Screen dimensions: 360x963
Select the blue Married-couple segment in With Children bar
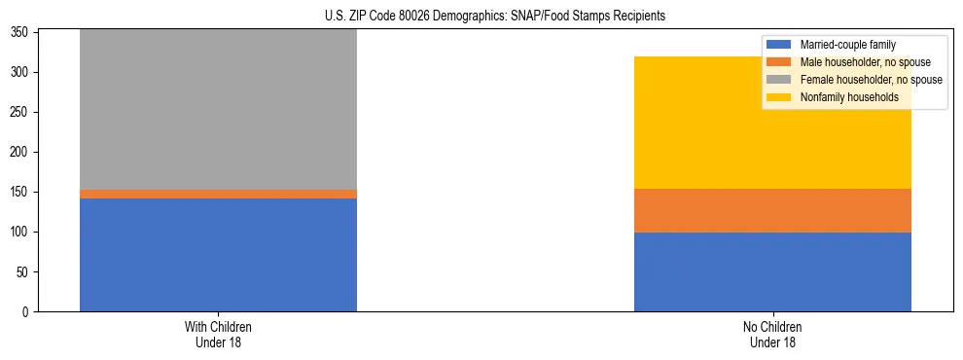point(218,255)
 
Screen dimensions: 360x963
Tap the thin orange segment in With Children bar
point(218,194)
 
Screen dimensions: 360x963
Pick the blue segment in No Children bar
point(772,271)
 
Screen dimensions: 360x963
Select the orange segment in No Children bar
point(772,210)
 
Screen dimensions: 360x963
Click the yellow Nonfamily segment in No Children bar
point(772,123)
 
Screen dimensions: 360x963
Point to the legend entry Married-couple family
point(847,45)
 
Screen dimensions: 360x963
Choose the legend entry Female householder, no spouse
point(871,80)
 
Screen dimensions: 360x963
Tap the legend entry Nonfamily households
point(849,97)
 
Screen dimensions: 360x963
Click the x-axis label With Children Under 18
point(218,334)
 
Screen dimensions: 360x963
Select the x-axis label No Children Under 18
point(772,334)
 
